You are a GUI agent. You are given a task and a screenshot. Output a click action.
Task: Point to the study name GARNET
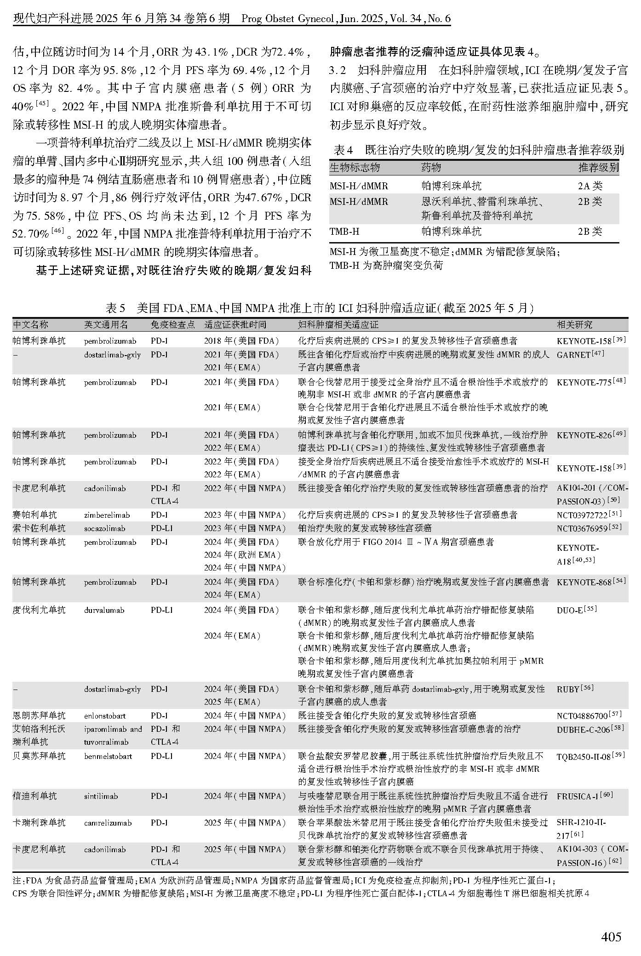(573, 355)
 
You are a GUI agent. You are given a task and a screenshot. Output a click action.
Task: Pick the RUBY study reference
(568, 689)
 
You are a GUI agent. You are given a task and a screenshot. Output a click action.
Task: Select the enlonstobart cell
(104, 716)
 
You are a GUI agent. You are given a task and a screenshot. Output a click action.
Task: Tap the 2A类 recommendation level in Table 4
(590, 186)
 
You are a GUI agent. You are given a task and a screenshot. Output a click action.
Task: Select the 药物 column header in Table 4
(431, 168)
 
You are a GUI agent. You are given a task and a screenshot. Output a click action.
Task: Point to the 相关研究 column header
(574, 325)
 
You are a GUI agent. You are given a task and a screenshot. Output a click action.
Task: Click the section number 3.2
(338, 70)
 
